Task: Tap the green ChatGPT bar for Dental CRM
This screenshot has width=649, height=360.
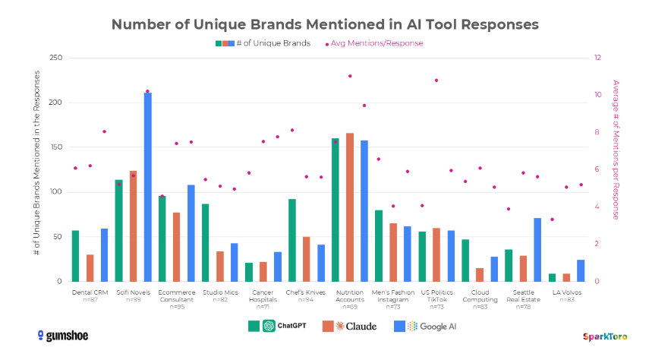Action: coord(75,255)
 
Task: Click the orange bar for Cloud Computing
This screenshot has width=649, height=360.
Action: coord(480,274)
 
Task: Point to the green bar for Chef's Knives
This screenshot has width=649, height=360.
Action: coord(292,240)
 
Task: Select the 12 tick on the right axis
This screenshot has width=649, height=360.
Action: coord(598,58)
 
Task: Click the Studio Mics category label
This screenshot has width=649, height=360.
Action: coord(220,292)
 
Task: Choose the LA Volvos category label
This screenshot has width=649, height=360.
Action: coord(566,292)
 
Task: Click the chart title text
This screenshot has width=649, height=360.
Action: coord(325,24)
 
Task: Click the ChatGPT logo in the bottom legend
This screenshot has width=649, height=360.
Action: coord(269,327)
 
